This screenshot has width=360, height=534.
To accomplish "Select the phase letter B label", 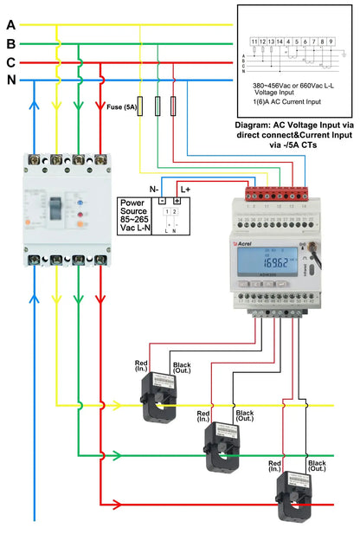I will pyautogui.click(x=10, y=43).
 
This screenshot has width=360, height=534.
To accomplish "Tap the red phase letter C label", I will pyautogui.click(x=10, y=62).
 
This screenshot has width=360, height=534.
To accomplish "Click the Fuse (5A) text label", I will pyautogui.click(x=120, y=108).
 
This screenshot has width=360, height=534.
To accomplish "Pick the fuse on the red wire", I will pyautogui.click(x=174, y=106).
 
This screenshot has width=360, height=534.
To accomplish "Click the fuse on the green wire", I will pyautogui.click(x=157, y=106).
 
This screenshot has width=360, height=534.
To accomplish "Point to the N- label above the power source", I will pyautogui.click(x=153, y=189).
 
